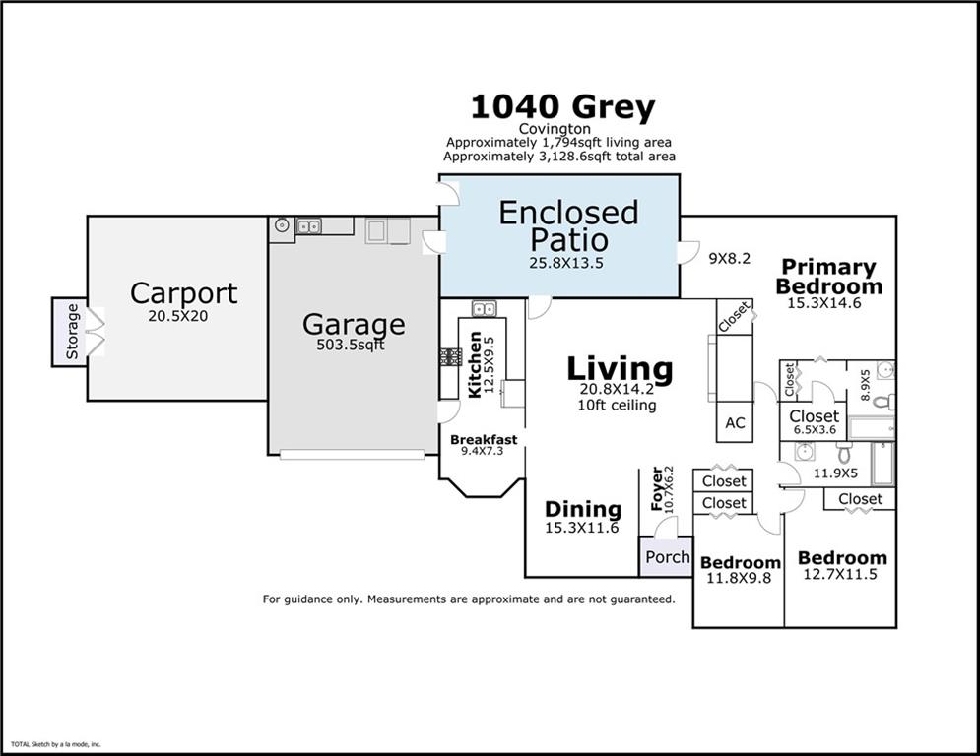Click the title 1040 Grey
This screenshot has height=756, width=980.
[561, 107]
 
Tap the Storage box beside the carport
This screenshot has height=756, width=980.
[71, 332]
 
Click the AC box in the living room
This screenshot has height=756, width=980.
[735, 422]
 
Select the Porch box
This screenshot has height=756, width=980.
[667, 557]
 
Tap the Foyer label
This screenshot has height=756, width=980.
[657, 488]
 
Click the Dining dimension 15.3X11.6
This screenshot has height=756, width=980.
[583, 529]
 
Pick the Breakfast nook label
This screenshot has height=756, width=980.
[483, 439]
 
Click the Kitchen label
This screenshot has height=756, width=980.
[475, 364]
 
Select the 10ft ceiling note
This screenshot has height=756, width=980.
[619, 405]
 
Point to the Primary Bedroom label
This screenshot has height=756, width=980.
[828, 277]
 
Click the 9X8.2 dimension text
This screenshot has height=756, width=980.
[730, 259]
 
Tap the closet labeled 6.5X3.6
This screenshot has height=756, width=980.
[814, 429]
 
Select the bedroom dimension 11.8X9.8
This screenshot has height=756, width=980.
[740, 579]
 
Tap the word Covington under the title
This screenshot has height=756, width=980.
[555, 129]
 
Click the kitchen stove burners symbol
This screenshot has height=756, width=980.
[450, 357]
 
